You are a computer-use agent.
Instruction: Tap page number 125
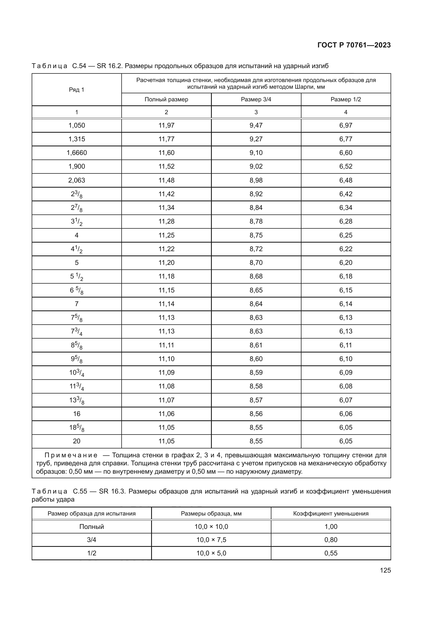click(385, 570)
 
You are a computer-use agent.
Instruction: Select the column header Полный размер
click(166, 99)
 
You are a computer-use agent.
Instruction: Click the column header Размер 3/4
click(256, 99)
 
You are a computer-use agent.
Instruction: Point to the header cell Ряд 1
click(77, 90)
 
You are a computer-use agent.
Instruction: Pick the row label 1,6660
click(77, 153)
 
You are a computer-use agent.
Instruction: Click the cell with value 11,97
click(166, 125)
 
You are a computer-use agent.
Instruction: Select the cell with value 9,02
click(256, 166)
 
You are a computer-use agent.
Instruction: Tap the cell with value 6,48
click(345, 180)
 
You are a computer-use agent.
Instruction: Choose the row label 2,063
click(77, 180)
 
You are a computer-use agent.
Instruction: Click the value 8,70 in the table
click(256, 262)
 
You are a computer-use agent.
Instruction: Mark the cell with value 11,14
click(166, 304)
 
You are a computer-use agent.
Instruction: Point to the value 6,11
click(345, 345)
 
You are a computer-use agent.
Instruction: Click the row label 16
click(77, 414)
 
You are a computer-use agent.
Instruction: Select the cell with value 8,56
click(256, 414)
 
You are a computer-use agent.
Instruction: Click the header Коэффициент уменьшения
click(331, 513)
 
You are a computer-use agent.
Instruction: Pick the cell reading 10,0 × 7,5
click(211, 540)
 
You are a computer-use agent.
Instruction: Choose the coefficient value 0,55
click(331, 553)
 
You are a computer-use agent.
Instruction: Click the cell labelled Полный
click(92, 526)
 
